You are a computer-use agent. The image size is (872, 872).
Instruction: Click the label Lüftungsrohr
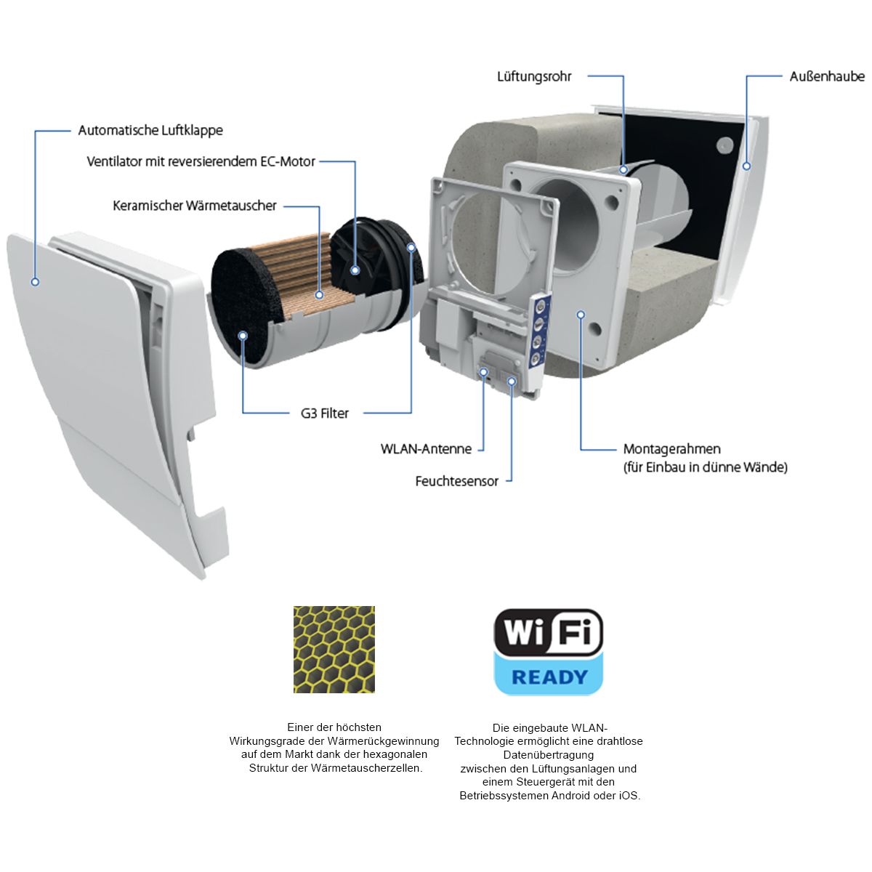534,76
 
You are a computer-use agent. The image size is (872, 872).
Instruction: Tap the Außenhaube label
827,76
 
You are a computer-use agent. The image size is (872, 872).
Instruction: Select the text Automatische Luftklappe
150,130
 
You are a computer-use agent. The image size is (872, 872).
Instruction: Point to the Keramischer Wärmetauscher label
195,206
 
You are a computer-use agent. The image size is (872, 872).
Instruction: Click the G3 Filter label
324,413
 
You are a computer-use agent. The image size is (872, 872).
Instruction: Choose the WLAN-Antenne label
427,449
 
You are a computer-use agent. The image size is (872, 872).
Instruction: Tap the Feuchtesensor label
456,481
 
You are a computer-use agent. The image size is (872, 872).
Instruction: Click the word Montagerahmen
672,449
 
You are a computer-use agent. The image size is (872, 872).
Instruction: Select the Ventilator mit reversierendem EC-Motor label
201,161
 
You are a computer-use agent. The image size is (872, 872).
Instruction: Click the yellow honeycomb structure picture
334,650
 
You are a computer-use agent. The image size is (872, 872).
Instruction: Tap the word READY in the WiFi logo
549,677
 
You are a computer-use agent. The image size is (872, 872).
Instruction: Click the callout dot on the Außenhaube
747,166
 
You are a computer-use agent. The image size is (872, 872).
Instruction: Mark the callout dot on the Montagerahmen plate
581,315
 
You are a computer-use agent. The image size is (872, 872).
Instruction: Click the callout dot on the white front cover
35,282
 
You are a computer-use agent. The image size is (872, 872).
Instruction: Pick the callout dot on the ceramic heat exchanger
319,294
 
